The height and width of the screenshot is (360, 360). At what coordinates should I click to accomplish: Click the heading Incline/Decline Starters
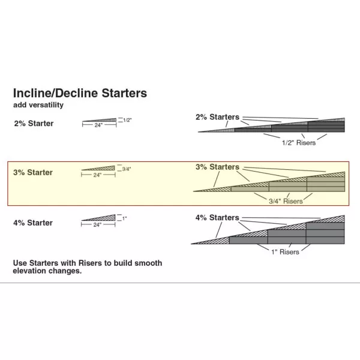pos(80,94)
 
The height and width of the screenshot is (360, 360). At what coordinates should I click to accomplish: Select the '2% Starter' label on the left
pos(34,124)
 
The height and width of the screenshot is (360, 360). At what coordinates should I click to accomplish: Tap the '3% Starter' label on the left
pos(33,173)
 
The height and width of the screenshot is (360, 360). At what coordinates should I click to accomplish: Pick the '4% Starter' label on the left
pos(33,223)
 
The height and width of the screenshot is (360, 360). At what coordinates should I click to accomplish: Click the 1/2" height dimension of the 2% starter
pos(127,120)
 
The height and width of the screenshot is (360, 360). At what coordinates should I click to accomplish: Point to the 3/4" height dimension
pos(126,169)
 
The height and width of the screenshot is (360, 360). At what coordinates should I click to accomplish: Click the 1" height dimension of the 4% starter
pos(124,218)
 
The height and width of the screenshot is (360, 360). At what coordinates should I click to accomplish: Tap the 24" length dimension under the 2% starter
pos(97,126)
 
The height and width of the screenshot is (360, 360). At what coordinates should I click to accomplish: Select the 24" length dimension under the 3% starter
pos(97,175)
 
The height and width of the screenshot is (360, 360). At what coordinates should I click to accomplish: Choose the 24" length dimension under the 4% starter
pos(97,224)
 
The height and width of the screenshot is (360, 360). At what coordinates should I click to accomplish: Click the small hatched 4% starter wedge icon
pos(100,218)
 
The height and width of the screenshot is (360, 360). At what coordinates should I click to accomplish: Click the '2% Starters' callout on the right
pos(217,117)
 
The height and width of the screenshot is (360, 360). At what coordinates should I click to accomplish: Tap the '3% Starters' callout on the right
pos(217,167)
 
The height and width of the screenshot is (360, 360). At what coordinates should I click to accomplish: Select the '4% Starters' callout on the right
pos(217,217)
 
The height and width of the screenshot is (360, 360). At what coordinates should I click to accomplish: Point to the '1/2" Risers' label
pos(298,143)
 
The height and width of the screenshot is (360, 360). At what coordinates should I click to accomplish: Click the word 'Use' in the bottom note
pos(20,263)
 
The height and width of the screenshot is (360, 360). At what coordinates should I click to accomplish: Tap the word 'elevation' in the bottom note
pos(31,271)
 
